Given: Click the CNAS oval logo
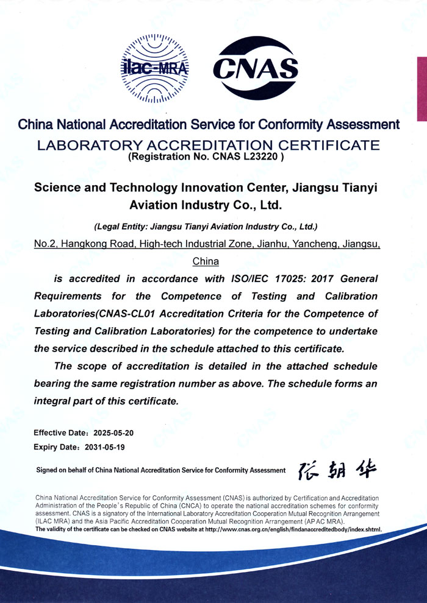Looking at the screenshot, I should click(x=255, y=68).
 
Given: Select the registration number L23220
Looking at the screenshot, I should click(x=263, y=156).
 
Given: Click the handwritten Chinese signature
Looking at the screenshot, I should click(x=337, y=470).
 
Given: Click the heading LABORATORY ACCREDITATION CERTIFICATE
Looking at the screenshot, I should click(x=209, y=144).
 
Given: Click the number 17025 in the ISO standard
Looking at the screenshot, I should click(x=262, y=278).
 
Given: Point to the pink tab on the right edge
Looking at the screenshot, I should click(x=422, y=89).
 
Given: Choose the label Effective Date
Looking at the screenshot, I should click(x=57, y=433).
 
